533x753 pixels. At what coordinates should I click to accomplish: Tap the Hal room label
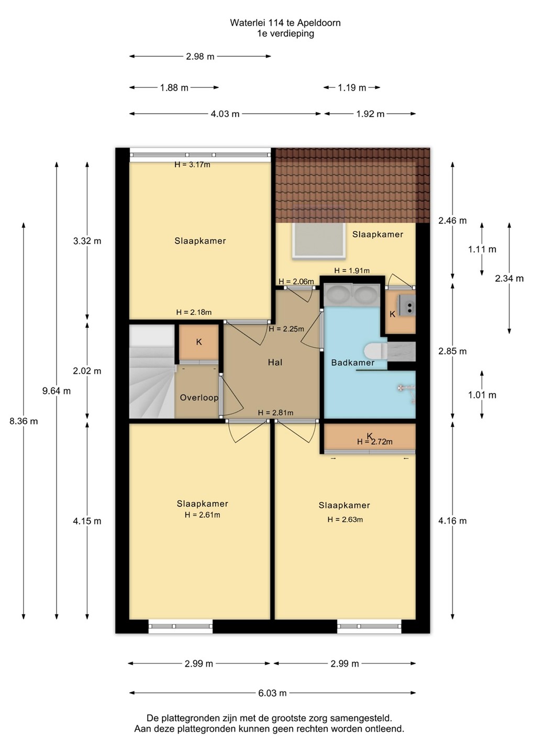pos(275,362)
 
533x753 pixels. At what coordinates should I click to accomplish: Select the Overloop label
pos(199,397)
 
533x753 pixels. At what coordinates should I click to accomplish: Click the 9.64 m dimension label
pos(57,391)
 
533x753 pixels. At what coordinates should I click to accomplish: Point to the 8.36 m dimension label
pos(24,421)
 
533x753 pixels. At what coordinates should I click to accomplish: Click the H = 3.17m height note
pos(193,165)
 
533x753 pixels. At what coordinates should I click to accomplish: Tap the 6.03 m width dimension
pos(273,693)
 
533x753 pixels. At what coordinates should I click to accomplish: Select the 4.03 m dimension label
pos(225,114)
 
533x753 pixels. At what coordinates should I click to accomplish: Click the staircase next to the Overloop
pos(152,371)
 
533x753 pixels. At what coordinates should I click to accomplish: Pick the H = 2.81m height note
pos(275,413)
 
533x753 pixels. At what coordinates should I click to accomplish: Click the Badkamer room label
pos(353,363)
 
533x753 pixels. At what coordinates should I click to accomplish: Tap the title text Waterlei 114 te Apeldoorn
pos(285,23)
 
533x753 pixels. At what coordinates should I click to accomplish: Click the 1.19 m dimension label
pos(352,88)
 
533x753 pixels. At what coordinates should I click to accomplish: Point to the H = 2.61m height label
pos(202,515)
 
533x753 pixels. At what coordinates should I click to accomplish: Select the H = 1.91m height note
pos(352,271)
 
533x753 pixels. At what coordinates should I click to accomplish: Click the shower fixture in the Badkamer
pos(407,392)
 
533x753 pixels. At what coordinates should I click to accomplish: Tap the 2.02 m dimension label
pos(87,371)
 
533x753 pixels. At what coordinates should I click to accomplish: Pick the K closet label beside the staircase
pos(199,342)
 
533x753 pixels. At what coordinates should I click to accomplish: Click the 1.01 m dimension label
pos(482,395)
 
